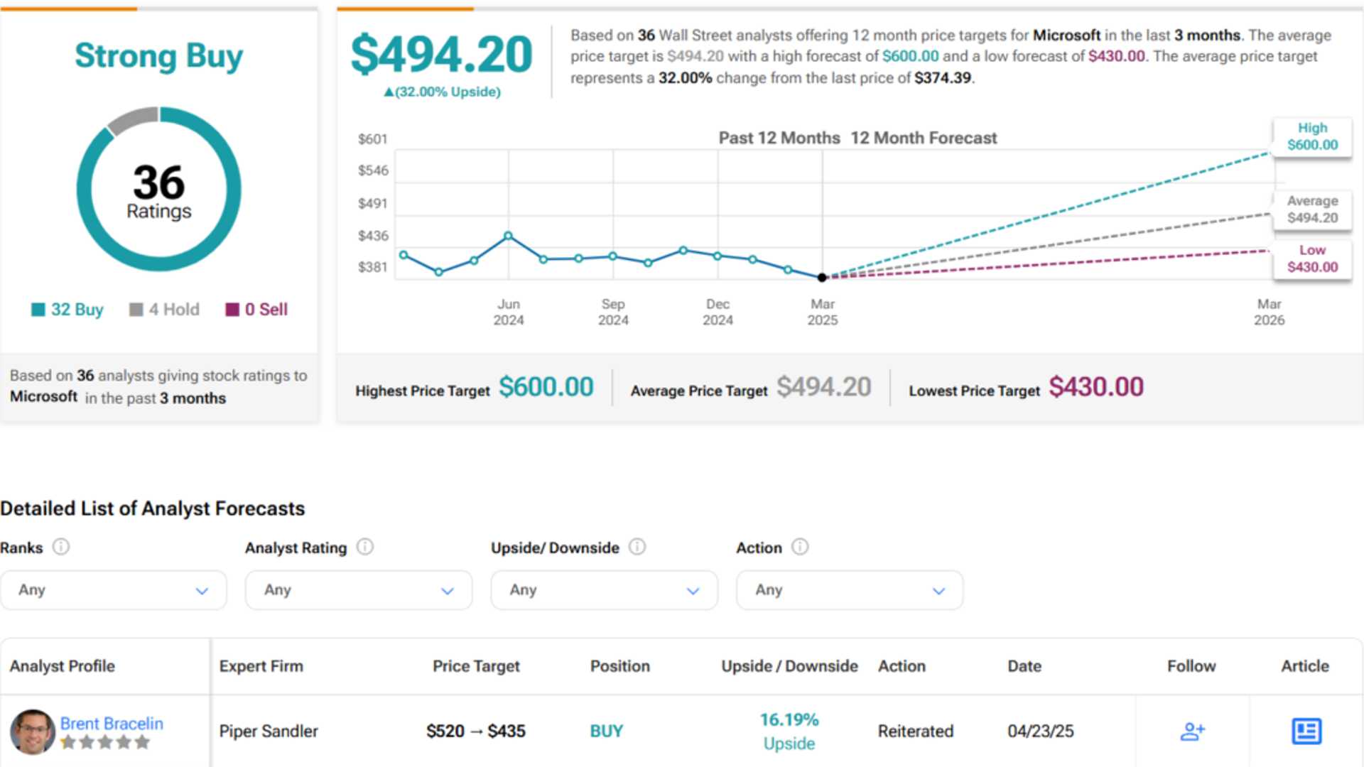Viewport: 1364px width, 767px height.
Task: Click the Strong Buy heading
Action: click(x=158, y=56)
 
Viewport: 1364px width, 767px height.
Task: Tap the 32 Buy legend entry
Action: click(x=67, y=310)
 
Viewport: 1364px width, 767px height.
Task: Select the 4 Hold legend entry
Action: click(x=165, y=310)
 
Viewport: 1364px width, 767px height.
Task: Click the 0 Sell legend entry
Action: click(x=256, y=310)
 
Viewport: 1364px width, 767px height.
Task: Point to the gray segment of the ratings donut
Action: click(x=132, y=119)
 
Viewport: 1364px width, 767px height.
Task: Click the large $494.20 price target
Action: click(x=441, y=55)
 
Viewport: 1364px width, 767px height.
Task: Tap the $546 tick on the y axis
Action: click(x=373, y=170)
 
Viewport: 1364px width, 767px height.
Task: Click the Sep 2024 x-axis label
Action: click(x=613, y=312)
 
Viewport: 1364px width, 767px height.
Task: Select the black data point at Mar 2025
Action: click(x=822, y=278)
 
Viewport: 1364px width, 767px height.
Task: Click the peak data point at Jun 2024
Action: click(x=508, y=236)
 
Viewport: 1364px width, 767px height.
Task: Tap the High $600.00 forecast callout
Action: click(x=1311, y=136)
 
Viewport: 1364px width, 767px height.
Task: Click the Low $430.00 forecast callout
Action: click(x=1311, y=259)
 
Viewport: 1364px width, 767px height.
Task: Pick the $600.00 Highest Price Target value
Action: click(x=546, y=387)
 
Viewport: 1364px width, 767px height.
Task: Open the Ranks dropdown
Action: click(x=114, y=590)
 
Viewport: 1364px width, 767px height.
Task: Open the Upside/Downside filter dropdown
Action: click(x=604, y=590)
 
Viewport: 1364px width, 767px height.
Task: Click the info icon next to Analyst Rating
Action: click(x=365, y=547)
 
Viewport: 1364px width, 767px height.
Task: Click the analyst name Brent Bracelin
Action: click(x=112, y=723)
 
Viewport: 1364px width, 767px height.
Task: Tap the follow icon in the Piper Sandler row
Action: click(x=1192, y=731)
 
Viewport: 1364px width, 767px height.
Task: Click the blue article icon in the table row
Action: click(x=1306, y=731)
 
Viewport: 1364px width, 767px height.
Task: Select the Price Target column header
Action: click(x=476, y=666)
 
